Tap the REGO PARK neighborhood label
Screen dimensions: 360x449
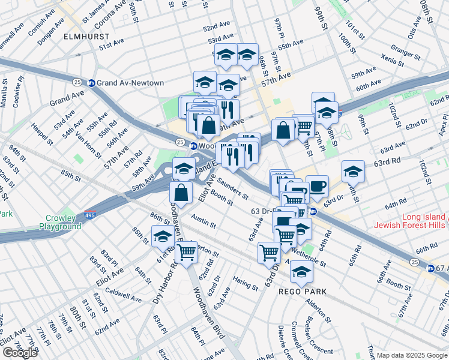click(x=303, y=292)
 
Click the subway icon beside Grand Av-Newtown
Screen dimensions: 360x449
click(x=92, y=83)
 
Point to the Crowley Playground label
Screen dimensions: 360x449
click(x=60, y=222)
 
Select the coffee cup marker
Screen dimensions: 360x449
click(x=317, y=186)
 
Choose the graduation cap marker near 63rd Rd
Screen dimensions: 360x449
click(x=353, y=171)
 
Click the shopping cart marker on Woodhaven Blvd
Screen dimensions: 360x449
click(x=187, y=253)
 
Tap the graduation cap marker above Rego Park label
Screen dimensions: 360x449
click(x=301, y=271)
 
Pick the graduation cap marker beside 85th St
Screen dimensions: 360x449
click(x=163, y=236)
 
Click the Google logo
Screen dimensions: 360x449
click(x=20, y=353)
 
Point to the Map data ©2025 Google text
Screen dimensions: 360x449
click(x=411, y=355)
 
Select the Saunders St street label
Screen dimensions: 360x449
click(x=234, y=187)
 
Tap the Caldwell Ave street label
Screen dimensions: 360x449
click(x=123, y=295)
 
